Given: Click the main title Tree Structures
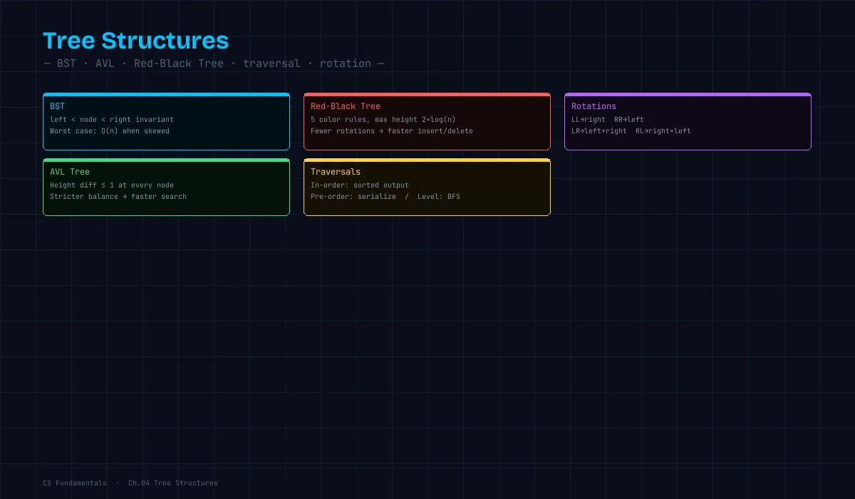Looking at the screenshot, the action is [136, 41].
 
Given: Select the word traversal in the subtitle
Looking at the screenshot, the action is [271, 63].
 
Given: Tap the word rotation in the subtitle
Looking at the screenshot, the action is [346, 63].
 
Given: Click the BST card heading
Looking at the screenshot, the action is [57, 106].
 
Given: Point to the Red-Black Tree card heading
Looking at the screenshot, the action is [346, 106].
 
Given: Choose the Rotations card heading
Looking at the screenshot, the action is [594, 106].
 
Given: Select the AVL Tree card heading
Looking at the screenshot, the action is [70, 172].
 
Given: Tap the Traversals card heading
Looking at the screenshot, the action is [336, 172].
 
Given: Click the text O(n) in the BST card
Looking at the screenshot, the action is [110, 131].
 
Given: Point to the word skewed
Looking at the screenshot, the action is [157, 131].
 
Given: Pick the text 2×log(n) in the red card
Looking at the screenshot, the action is [439, 120].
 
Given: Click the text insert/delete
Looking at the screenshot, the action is [445, 131].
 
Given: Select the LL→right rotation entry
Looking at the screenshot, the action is [589, 120].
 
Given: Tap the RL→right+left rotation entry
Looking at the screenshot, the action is [663, 131].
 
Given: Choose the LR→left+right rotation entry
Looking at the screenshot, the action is [599, 131].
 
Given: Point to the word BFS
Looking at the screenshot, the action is [454, 197].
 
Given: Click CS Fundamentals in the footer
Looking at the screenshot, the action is [75, 483].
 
